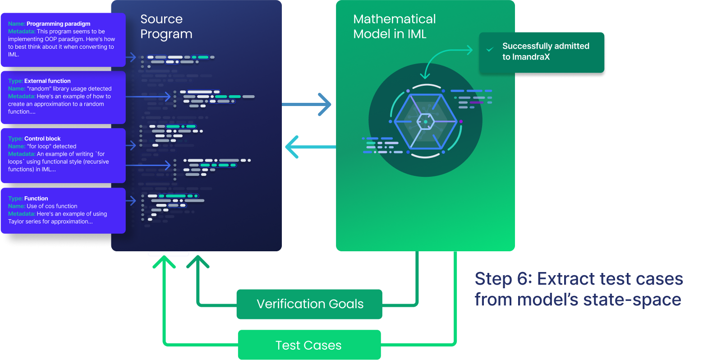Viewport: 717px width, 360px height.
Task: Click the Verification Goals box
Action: [309, 304]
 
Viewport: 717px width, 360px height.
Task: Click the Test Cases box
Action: [309, 345]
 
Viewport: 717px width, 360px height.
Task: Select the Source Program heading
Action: [166, 26]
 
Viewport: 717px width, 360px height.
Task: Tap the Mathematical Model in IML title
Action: [394, 26]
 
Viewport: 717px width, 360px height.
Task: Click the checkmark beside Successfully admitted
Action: [490, 49]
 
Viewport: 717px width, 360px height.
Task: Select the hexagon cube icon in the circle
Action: [425, 121]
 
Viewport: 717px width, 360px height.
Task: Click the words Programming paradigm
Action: [58, 24]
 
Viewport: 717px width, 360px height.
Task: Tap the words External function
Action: [47, 81]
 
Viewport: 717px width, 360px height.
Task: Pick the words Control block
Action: [42, 139]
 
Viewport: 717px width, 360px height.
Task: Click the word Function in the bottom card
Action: [36, 198]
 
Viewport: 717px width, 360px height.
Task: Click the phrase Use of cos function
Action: [52, 206]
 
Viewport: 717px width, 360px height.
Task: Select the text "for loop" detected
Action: [51, 147]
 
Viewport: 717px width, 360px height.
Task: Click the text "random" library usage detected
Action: [69, 89]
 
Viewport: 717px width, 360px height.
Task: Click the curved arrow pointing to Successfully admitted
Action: [444, 56]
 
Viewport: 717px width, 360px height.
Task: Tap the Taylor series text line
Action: [51, 222]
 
